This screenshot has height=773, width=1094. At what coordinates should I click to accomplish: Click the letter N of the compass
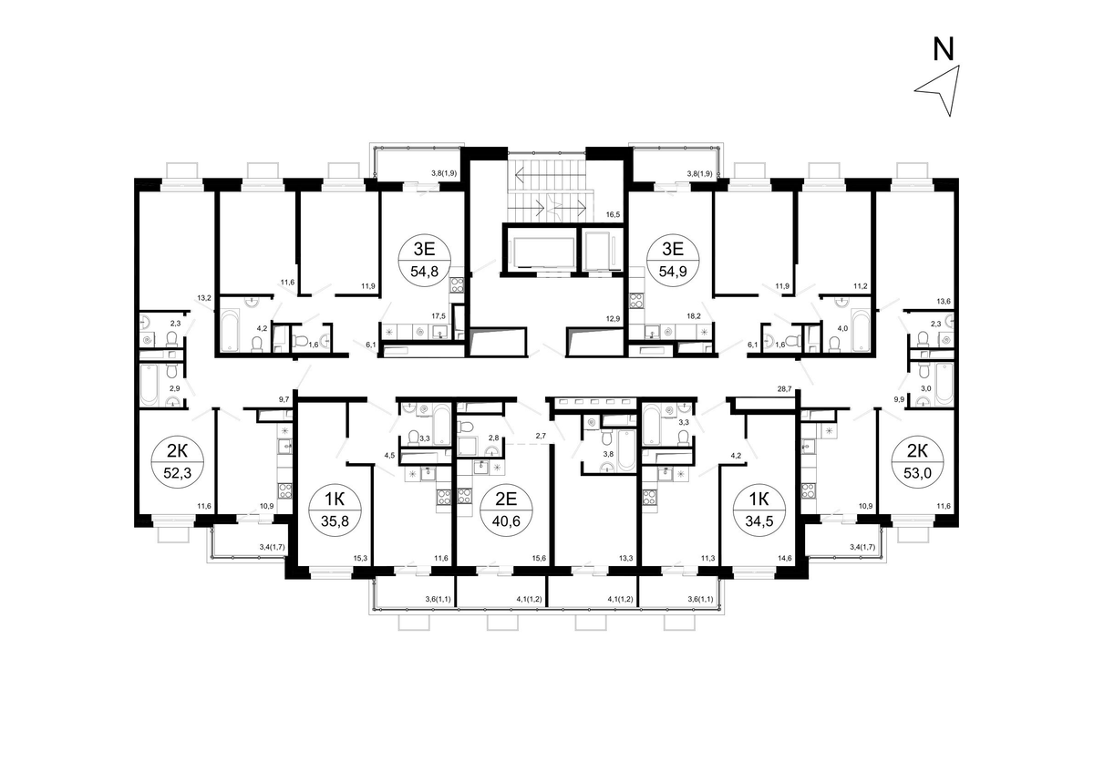coord(943,50)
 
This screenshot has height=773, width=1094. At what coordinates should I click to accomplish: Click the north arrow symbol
coord(946,91)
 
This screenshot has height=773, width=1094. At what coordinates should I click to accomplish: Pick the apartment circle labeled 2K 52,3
coord(178,461)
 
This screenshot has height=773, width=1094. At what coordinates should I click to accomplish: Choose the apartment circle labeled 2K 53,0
coord(918,461)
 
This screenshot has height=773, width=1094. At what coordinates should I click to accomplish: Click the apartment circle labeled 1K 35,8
coord(335,510)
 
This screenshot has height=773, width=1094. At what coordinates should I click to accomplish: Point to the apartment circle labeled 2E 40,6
coord(507,510)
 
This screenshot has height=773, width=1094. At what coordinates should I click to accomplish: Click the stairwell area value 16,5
coord(613,214)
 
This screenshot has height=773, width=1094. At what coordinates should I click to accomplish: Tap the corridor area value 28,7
coord(784,388)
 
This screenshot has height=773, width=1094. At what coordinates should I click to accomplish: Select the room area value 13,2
coord(204,297)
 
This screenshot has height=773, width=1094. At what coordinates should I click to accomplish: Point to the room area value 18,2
coord(694,316)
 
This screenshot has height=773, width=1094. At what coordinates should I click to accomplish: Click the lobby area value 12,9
coord(613,319)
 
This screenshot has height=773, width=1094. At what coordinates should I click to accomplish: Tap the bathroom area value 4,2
coord(262,328)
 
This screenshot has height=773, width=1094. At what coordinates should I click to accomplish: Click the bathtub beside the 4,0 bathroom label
coord(861,330)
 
